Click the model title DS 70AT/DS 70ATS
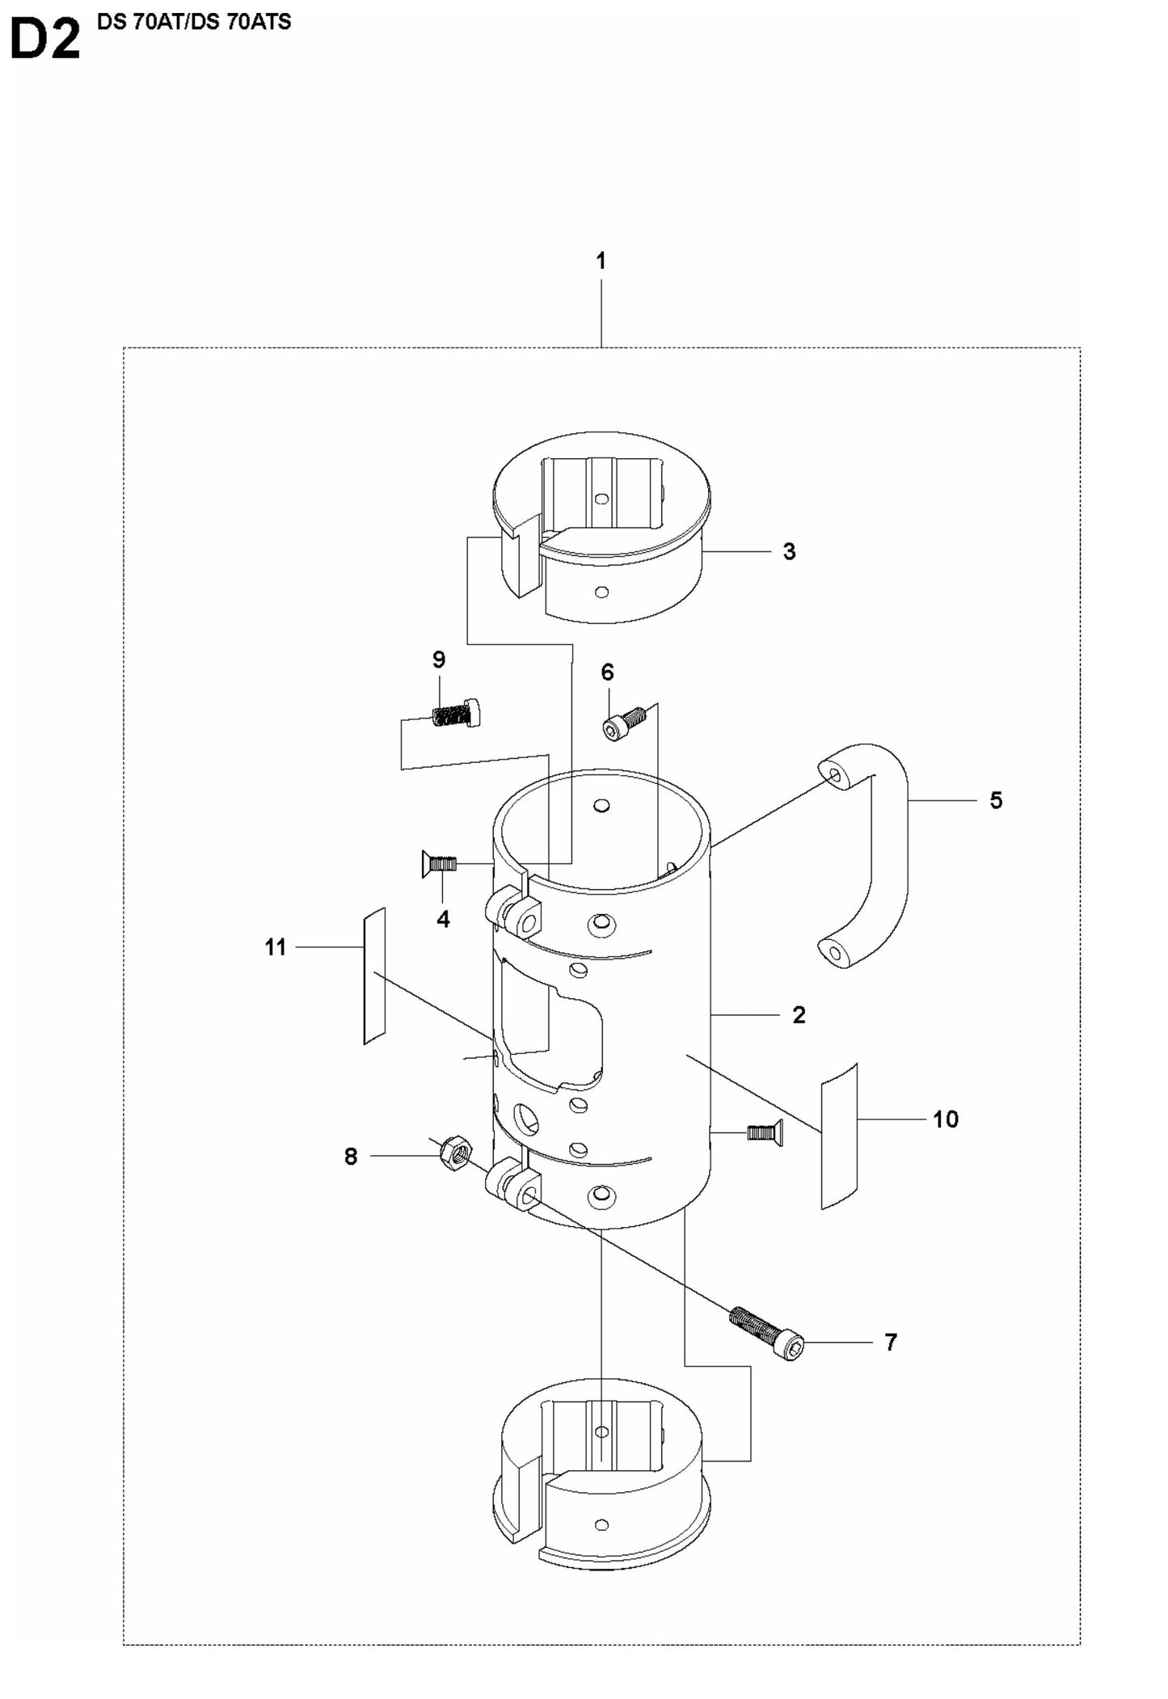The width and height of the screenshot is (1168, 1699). pyautogui.click(x=193, y=22)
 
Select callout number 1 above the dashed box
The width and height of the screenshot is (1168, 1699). pyautogui.click(x=601, y=261)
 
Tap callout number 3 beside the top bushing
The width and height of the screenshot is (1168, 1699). pyautogui.click(x=789, y=552)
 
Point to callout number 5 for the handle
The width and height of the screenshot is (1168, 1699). pyautogui.click(x=996, y=800)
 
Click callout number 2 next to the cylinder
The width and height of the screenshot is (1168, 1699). pyautogui.click(x=799, y=1015)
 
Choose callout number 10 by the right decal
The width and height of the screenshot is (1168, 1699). pyautogui.click(x=945, y=1119)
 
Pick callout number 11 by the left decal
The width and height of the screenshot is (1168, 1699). pyautogui.click(x=276, y=947)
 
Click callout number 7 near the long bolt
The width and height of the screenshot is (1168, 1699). pyautogui.click(x=890, y=1343)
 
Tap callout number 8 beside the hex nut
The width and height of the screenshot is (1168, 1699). pyautogui.click(x=351, y=1157)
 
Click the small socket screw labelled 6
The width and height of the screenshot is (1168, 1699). pyautogui.click(x=625, y=722)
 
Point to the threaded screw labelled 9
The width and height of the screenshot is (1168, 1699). pyautogui.click(x=455, y=713)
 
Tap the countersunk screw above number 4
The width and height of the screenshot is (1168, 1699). pyautogui.click(x=439, y=864)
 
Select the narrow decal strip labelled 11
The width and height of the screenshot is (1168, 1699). pyautogui.click(x=374, y=976)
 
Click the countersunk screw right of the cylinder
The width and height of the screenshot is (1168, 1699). pyautogui.click(x=764, y=1132)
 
